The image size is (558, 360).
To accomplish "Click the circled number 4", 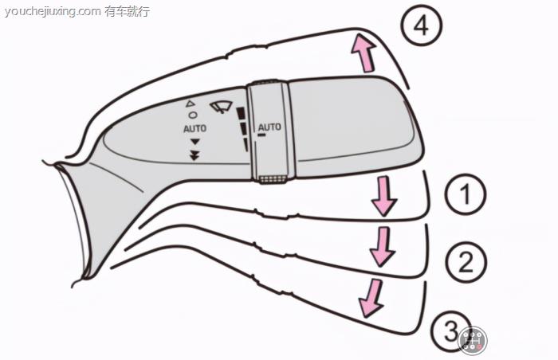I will click(420, 26).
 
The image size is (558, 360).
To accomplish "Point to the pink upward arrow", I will click(363, 55).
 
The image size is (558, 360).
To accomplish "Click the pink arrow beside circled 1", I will click(384, 196).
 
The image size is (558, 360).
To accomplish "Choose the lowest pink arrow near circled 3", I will click(370, 297).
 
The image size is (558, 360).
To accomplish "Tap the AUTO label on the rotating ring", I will click(270, 127).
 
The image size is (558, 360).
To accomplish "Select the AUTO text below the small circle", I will click(195, 128).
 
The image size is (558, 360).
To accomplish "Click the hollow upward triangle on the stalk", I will click(190, 104).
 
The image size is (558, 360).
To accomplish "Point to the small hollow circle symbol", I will click(192, 115).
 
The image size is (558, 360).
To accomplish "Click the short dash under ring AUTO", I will click(261, 135).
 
